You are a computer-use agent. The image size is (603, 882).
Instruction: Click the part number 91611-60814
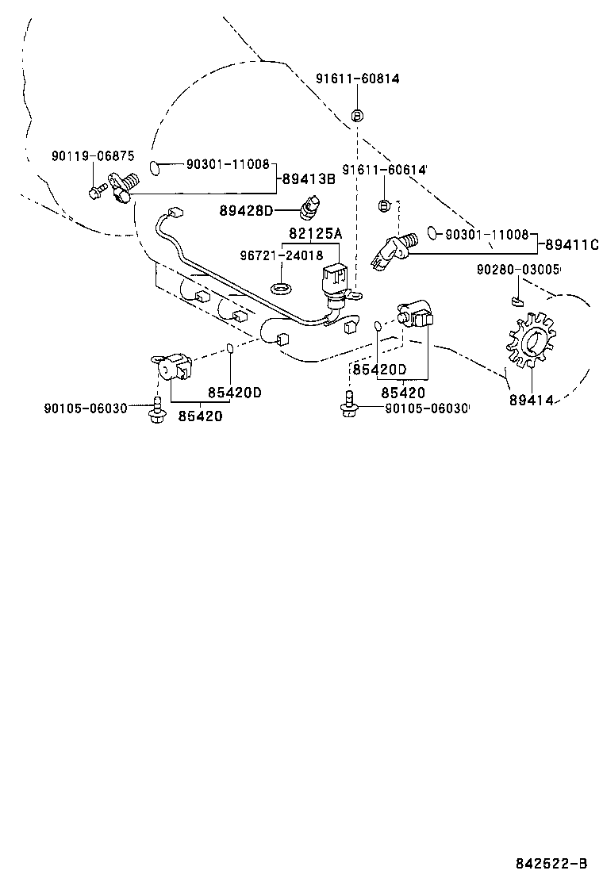click(x=357, y=79)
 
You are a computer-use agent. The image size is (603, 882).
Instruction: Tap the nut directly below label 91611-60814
click(x=357, y=116)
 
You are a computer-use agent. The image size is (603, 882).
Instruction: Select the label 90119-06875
click(x=94, y=156)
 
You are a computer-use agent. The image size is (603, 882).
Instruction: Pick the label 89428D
click(x=246, y=210)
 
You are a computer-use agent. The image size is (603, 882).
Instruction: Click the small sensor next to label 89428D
click(x=310, y=205)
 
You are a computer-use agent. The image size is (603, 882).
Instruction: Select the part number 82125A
click(x=314, y=233)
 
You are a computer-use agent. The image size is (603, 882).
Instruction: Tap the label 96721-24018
click(x=282, y=255)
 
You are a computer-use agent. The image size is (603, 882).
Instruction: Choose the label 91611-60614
click(x=385, y=171)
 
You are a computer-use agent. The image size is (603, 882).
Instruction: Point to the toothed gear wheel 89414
click(x=529, y=342)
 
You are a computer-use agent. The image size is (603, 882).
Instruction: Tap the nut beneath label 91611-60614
click(x=384, y=205)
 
